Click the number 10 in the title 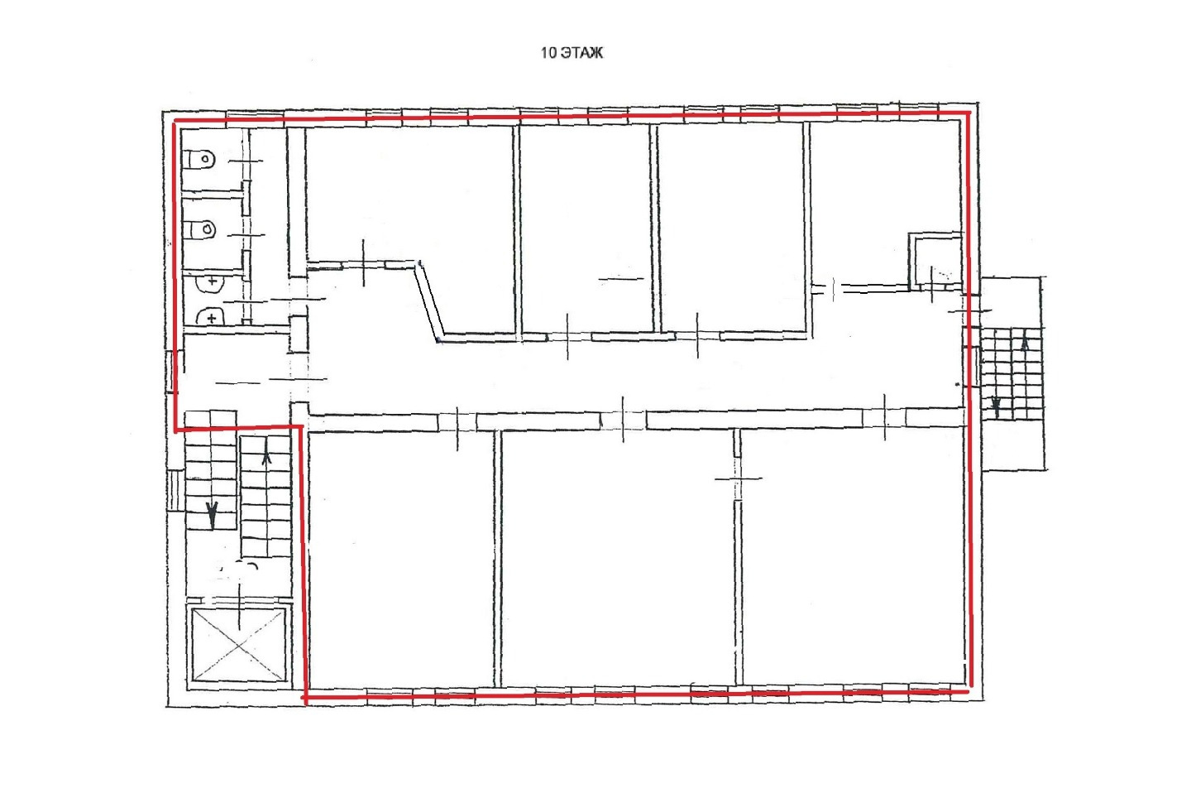tap(548, 53)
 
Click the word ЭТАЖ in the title tap(581, 53)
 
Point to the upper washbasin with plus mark tap(209, 282)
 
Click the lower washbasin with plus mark tap(210, 318)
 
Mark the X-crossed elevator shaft tap(239, 644)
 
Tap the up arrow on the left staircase tap(266, 458)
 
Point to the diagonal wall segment tap(429, 300)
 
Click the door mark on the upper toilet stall tap(246, 161)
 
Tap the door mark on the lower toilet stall tap(246, 234)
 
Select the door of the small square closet tap(931, 285)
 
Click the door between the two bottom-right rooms tap(738, 478)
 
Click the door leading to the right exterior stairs tap(970, 310)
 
